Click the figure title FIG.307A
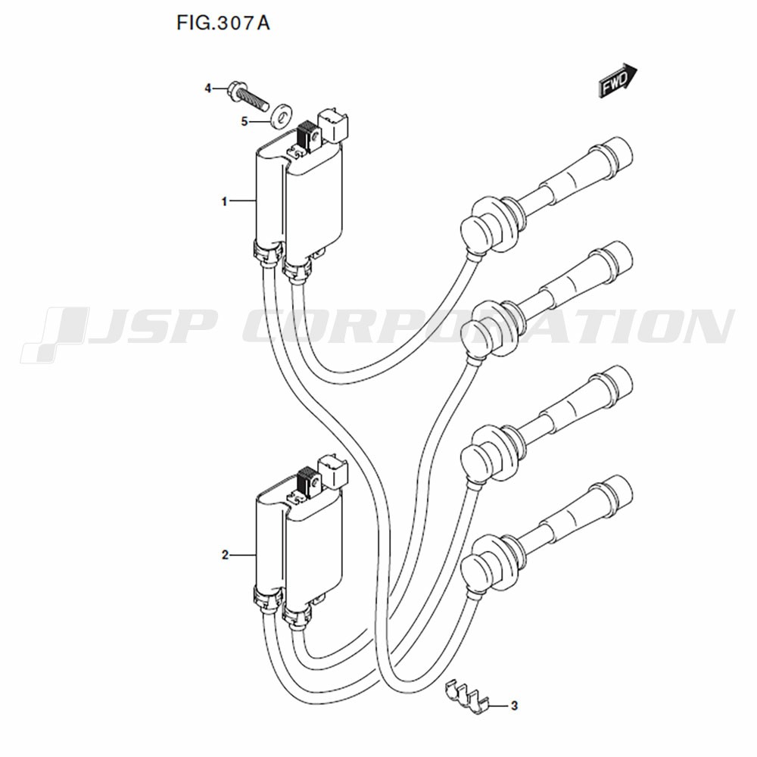point(223,23)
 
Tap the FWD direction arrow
point(618,81)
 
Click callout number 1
point(224,201)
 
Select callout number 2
point(225,555)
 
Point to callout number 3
point(514,706)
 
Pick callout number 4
point(207,89)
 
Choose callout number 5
point(245,121)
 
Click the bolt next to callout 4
point(248,97)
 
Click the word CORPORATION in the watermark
point(488,326)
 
